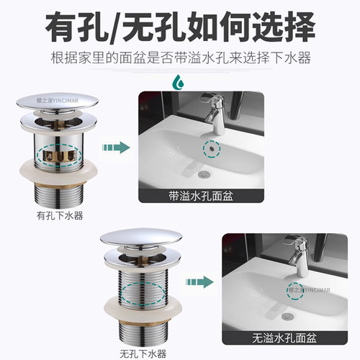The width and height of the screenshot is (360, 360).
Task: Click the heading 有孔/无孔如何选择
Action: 180,29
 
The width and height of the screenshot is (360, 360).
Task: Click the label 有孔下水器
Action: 61,215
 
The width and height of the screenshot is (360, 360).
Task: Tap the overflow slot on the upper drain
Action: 60,153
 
